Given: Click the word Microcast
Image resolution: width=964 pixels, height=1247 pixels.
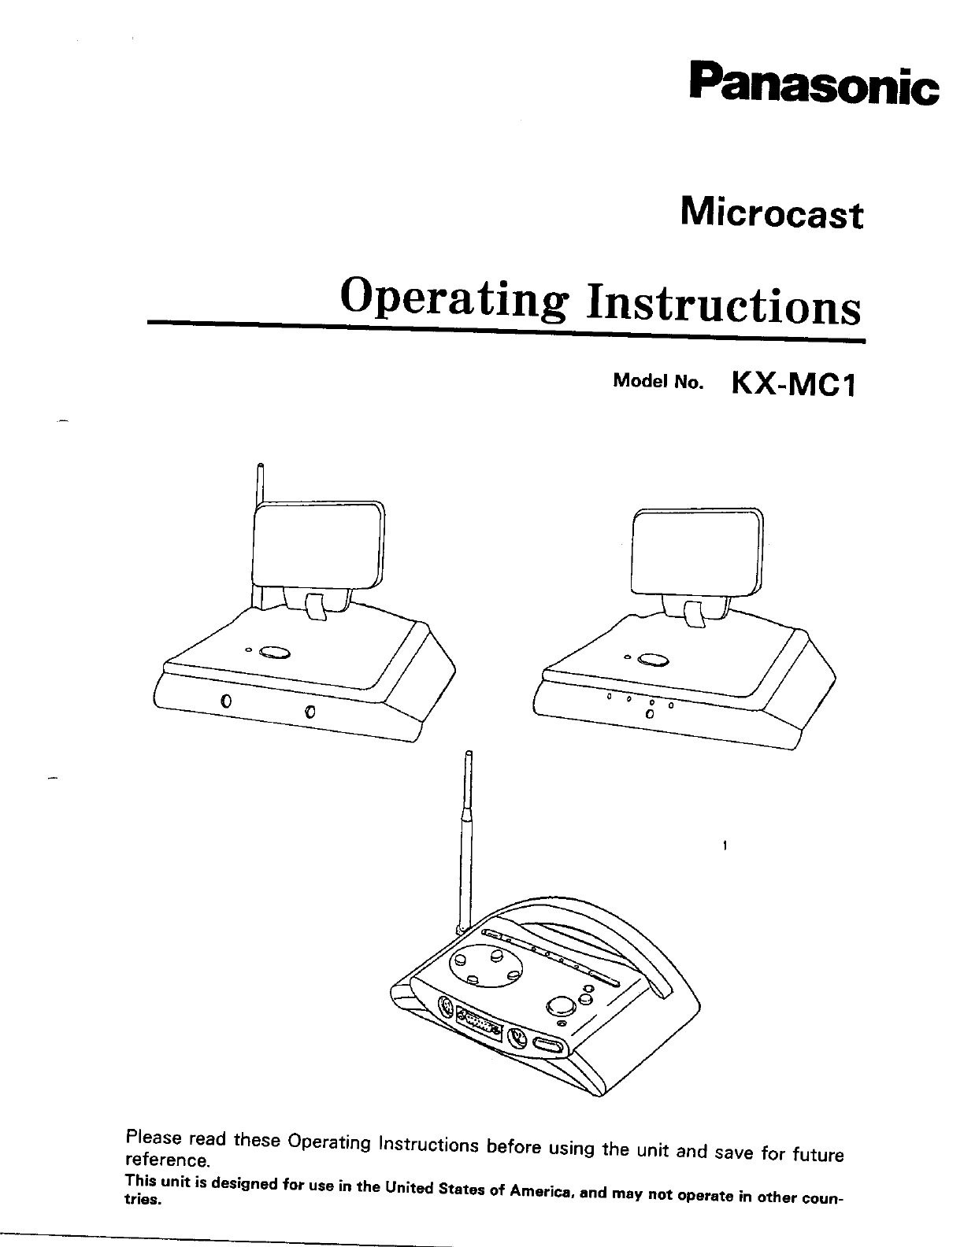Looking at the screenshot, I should [x=771, y=214].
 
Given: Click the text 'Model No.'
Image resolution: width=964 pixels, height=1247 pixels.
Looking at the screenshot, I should [x=657, y=383].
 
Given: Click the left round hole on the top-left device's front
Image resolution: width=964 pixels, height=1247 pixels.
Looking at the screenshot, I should [x=225, y=701].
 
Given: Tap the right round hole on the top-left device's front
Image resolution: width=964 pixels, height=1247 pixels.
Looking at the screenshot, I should [x=310, y=712].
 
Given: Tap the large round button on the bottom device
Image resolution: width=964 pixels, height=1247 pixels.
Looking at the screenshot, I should [x=561, y=1006].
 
